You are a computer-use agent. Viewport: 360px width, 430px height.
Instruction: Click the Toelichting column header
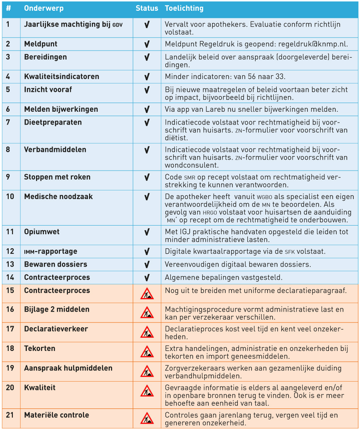pyautogui.click(x=184, y=8)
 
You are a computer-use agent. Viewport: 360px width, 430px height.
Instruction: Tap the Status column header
pyautogui.click(x=147, y=8)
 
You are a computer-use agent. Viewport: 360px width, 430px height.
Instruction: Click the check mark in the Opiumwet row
pyautogui.click(x=147, y=232)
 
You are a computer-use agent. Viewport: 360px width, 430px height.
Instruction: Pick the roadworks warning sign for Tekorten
pyautogui.click(x=147, y=352)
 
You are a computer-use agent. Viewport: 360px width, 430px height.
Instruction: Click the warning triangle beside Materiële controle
pyautogui.click(x=147, y=418)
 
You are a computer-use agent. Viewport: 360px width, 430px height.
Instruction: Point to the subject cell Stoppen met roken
pyautogui.click(x=57, y=177)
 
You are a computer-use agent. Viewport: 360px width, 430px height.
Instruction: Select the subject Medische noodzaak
pyautogui.click(x=58, y=197)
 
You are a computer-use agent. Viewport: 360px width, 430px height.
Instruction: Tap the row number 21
pyautogui.click(x=10, y=415)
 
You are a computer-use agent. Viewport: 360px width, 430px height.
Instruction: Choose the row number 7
pyautogui.click(x=8, y=123)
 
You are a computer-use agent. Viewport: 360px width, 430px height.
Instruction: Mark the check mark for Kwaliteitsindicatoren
pyautogui.click(x=147, y=77)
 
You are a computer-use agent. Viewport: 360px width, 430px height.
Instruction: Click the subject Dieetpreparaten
pyautogui.click(x=53, y=123)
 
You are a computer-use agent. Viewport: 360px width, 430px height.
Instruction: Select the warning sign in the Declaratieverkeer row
pyautogui.click(x=147, y=332)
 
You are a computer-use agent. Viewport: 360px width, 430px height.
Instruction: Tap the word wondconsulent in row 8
pyautogui.click(x=186, y=165)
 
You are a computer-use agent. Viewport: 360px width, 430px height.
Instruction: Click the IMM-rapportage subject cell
pyautogui.click(x=51, y=252)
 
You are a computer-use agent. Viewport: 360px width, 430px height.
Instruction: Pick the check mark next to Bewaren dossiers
pyautogui.click(x=147, y=265)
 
